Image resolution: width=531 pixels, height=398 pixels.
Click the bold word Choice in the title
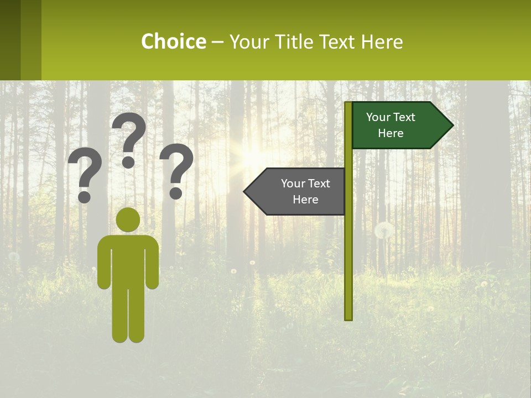[x=173, y=42]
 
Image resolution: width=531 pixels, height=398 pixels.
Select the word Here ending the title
[x=381, y=42]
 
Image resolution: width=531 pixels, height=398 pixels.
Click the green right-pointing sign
[x=398, y=125]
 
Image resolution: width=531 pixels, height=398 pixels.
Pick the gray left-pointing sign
[x=299, y=192]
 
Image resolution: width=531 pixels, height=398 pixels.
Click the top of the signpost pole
[x=348, y=103]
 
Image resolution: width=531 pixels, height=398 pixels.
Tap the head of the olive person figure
[x=128, y=219]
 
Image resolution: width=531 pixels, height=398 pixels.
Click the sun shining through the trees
[x=252, y=155]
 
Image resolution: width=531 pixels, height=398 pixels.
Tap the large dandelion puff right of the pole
[x=384, y=231]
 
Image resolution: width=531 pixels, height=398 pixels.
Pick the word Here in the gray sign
[x=305, y=200]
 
